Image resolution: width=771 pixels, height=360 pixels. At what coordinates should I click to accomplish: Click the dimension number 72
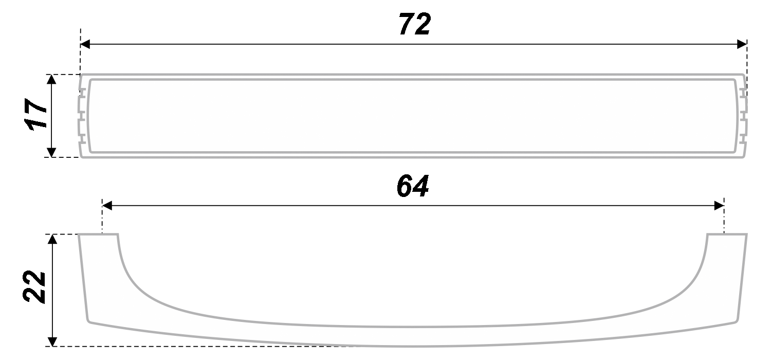[415, 24]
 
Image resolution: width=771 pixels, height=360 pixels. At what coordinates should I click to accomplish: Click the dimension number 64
[413, 186]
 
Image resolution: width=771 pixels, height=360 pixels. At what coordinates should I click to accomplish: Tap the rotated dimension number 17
[36, 115]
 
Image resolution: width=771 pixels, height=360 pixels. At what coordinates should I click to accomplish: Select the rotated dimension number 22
[34, 286]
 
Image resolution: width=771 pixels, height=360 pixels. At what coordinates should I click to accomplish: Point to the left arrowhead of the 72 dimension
[85, 44]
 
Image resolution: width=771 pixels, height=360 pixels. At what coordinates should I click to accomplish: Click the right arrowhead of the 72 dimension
[742, 44]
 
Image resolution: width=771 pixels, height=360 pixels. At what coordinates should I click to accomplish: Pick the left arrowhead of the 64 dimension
[107, 206]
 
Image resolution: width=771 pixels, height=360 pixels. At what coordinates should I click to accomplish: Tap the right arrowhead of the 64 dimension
[719, 206]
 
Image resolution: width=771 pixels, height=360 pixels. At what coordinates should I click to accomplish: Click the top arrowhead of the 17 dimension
[51, 79]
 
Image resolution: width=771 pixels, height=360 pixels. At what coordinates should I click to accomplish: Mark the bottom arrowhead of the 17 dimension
[51, 152]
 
